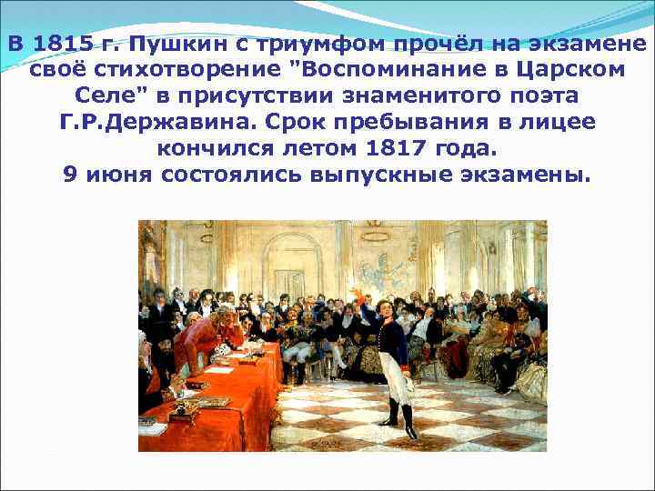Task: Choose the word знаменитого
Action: (391, 96)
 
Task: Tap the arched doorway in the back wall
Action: (292, 264)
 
